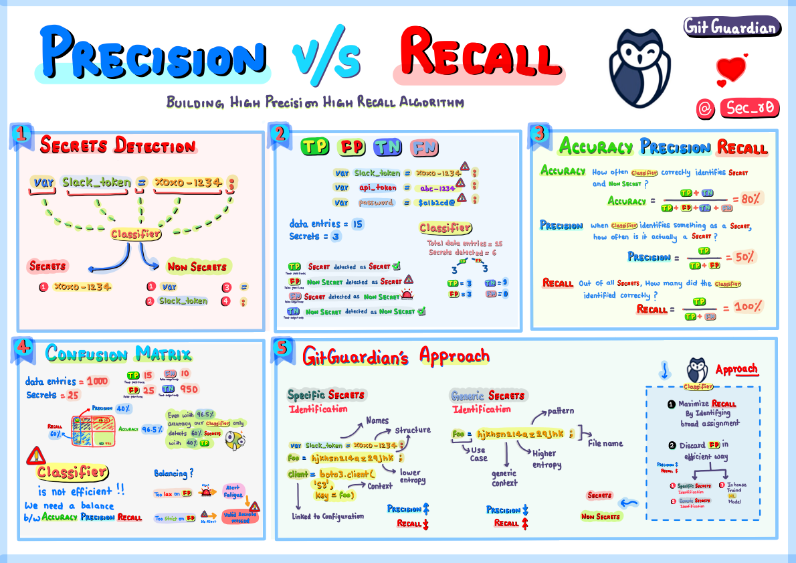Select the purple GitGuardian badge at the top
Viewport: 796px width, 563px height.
click(732, 27)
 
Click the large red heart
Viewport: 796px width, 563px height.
click(731, 68)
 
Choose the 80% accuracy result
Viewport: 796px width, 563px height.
click(747, 199)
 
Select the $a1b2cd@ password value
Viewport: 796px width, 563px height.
click(438, 202)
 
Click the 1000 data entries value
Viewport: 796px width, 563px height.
click(96, 381)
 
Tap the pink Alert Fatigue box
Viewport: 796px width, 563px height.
click(233, 491)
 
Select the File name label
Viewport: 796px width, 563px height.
click(605, 443)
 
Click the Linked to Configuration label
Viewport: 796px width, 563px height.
click(328, 516)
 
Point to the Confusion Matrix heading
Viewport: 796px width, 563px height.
click(118, 354)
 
